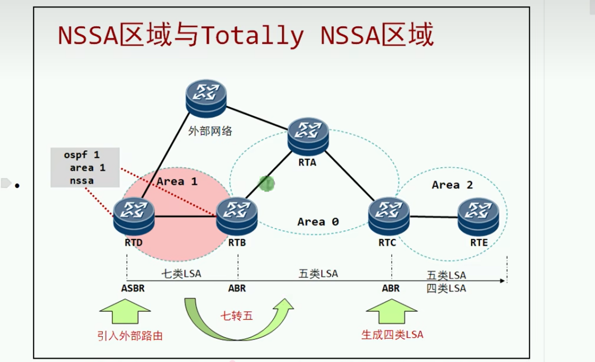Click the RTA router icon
pos(308,136)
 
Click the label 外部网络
pos(210,131)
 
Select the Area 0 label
pos(318,222)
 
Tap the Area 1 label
pos(177,181)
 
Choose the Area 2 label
pos(452,185)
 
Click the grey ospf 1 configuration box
pos(85,167)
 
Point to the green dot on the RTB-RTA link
pos(267,183)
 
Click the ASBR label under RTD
pos(133,288)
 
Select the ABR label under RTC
pos(391,288)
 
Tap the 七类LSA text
pos(181,273)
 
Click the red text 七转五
pos(237,316)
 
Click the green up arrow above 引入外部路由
pos(125,311)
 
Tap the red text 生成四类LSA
pos(392,335)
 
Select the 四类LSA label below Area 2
pos(446,288)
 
